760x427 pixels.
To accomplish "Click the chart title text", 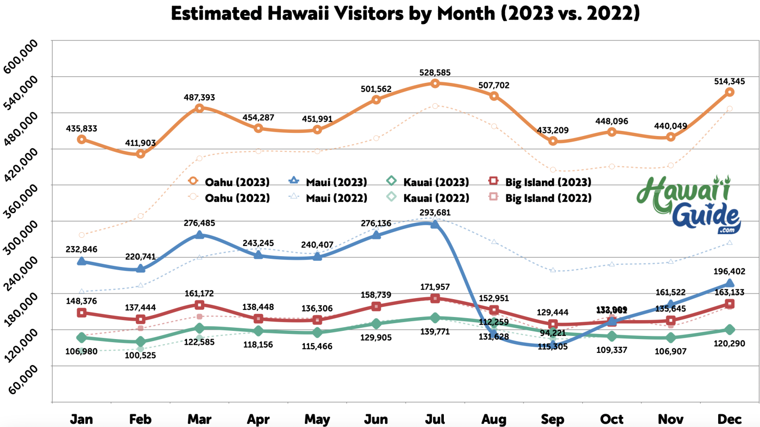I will coord(405,13).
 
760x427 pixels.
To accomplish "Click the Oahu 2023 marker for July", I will coord(435,83).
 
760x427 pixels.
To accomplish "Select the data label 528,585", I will coord(435,73).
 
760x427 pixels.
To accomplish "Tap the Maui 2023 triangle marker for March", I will coord(200,235).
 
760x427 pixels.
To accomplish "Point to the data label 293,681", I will coord(435,212).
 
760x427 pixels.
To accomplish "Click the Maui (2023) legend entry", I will coord(329,182).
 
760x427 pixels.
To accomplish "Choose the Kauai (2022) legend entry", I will coord(427,198).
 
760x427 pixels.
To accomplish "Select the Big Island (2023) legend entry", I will coord(540,182).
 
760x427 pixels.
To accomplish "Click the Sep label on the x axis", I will coord(553,419).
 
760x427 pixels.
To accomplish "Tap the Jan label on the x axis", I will coord(82,419).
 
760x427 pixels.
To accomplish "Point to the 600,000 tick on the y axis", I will coord(20,56).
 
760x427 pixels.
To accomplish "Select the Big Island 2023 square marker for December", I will coord(729,304).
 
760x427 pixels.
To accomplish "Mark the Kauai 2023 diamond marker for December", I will coord(729,330).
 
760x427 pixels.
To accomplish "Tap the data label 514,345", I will coord(729,81).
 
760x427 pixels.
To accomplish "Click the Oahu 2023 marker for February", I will coord(140,154).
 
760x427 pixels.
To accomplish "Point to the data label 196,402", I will coord(729,271).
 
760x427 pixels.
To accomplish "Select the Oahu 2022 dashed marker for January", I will coord(82,235).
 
